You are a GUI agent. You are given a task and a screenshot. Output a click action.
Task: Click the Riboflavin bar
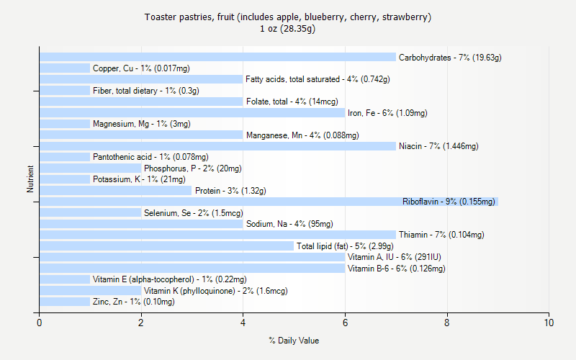pyautogui.click(x=269, y=202)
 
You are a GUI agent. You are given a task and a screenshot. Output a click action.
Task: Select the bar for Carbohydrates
pyautogui.click(x=217, y=57)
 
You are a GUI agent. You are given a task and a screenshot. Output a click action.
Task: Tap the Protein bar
pyautogui.click(x=115, y=191)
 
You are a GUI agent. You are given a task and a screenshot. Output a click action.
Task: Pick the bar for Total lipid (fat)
pyautogui.click(x=166, y=246)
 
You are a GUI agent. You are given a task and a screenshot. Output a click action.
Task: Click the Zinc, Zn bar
pyautogui.click(x=65, y=302)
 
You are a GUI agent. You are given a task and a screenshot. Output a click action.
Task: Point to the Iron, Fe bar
pyautogui.click(x=192, y=112)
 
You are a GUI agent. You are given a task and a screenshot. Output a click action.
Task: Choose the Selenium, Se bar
pyautogui.click(x=90, y=213)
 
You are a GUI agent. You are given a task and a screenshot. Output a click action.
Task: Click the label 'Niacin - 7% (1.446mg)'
pyautogui.click(x=438, y=146)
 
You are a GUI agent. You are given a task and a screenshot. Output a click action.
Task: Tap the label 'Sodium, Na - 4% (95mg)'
pyautogui.click(x=289, y=224)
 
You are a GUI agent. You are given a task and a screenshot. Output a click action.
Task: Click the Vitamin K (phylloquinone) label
pyautogui.click(x=215, y=291)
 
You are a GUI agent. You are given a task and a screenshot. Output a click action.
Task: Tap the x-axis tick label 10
pyautogui.click(x=549, y=323)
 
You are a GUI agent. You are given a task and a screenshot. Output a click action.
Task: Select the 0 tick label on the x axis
pyautogui.click(x=40, y=323)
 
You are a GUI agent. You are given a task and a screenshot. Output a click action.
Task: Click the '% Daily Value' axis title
pyautogui.click(x=294, y=341)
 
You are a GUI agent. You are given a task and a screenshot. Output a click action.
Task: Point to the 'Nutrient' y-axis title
pyautogui.click(x=30, y=179)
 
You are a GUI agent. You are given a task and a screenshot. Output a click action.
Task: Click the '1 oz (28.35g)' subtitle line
pyautogui.click(x=288, y=29)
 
